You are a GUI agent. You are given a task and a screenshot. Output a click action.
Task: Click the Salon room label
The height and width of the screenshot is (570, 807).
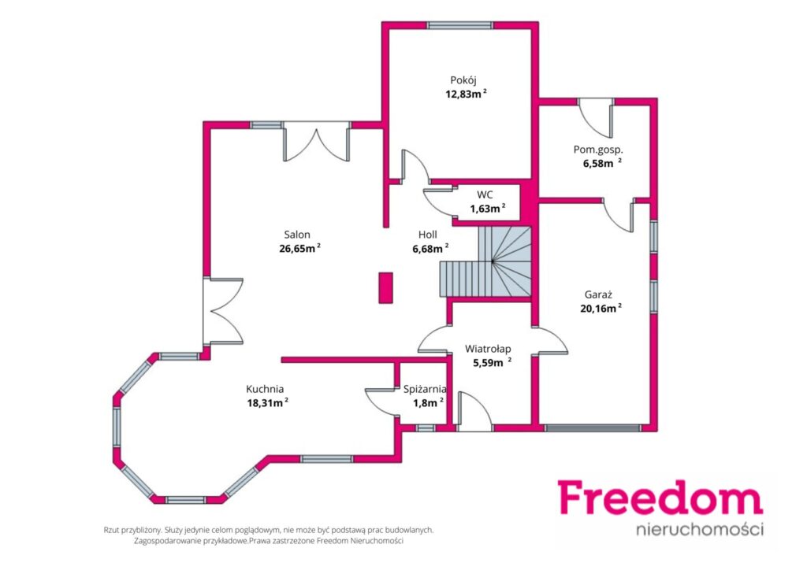coord(297,235)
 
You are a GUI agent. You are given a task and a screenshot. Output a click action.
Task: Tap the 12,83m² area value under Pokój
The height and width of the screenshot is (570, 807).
coord(466,94)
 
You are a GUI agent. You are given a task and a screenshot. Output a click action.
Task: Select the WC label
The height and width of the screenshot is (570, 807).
coord(485,194)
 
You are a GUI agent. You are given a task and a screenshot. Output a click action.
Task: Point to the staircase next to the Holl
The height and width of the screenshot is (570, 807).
coord(485,262)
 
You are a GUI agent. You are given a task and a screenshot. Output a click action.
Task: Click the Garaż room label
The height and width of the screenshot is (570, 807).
coord(598,295)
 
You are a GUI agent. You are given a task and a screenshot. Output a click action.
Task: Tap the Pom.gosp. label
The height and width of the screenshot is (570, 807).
coord(598,150)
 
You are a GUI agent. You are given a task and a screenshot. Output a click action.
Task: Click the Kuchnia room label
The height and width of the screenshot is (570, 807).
coord(265,389)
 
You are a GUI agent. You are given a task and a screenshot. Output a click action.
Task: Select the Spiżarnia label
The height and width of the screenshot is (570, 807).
coord(425,390)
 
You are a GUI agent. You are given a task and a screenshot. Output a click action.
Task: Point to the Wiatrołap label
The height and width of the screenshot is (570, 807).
coord(488,349)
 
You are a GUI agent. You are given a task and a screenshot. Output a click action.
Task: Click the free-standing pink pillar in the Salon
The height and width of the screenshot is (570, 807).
coord(386,288)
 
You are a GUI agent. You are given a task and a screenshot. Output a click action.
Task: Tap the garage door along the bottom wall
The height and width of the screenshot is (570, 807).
coord(593,427)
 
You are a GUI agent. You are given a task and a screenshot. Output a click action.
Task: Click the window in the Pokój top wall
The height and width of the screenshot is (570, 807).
coord(460,25)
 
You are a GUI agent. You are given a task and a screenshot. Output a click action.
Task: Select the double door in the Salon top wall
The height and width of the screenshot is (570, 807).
coord(317,142)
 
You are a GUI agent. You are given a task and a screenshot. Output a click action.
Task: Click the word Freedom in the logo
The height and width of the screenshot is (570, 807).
coord(660,497)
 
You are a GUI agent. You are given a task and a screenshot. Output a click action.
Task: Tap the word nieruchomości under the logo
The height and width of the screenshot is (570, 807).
coord(700,529)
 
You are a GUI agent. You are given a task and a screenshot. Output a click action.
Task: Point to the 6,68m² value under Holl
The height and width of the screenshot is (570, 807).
coord(430,249)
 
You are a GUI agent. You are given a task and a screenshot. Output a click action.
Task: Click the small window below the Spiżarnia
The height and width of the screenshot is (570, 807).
coord(425,427)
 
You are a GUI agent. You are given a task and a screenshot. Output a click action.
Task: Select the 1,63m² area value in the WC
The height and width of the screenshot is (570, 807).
coord(487,209)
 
